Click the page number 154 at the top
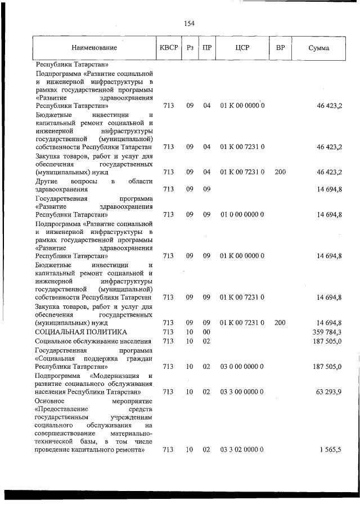[x=189, y=23]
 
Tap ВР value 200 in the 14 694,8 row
[x=280, y=323]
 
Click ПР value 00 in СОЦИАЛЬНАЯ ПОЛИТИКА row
[x=206, y=332]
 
